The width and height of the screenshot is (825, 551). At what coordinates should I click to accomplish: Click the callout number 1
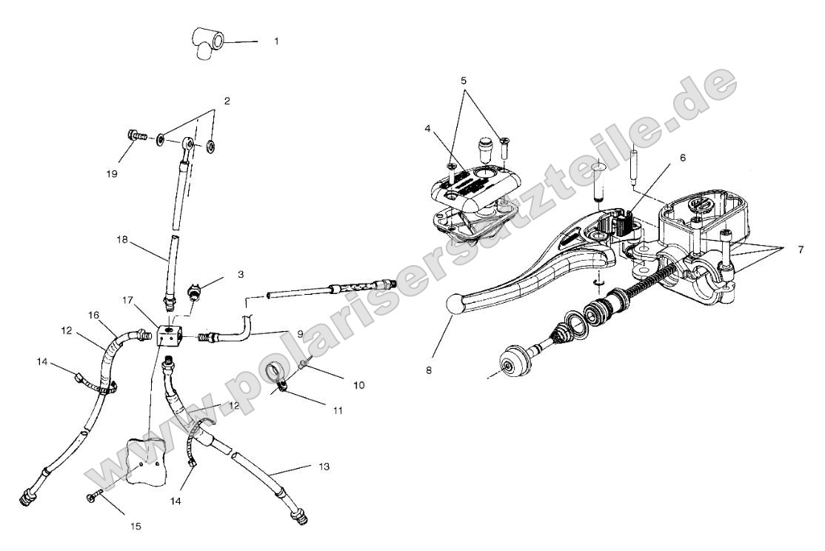[276, 41]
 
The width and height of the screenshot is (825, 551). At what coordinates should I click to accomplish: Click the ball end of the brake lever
[453, 305]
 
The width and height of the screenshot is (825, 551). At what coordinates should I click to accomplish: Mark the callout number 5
[464, 79]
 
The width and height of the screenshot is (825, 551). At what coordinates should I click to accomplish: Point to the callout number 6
[682, 158]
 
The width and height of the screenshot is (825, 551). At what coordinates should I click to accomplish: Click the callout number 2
[227, 101]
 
